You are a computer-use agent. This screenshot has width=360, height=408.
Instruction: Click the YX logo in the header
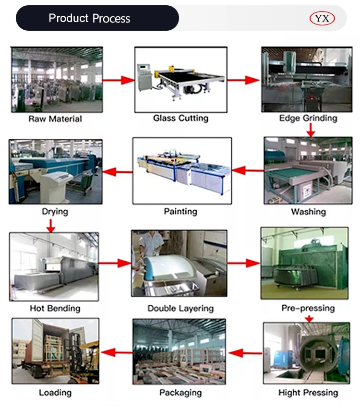(322, 19)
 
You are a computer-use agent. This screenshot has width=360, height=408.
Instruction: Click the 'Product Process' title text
(89, 19)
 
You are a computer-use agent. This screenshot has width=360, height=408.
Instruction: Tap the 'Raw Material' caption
(55, 119)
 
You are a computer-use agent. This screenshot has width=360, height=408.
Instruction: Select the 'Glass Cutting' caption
(180, 118)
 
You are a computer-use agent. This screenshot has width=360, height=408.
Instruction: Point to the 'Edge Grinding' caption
(308, 118)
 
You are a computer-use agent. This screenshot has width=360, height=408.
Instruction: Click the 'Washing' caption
(308, 212)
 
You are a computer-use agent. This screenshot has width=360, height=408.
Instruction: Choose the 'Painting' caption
(180, 211)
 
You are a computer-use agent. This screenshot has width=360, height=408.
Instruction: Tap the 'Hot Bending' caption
(55, 308)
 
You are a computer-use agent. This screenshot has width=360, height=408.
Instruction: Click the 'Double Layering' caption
(180, 308)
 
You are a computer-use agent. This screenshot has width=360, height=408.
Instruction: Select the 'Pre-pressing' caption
(308, 308)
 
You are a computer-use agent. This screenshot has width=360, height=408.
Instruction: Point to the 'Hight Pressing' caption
(308, 393)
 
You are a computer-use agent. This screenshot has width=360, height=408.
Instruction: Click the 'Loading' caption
(55, 393)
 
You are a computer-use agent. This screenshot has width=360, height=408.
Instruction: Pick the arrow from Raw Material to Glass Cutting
(118, 80)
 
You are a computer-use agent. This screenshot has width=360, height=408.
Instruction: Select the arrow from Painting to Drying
(118, 170)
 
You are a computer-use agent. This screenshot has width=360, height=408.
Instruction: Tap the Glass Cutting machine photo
(180, 79)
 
